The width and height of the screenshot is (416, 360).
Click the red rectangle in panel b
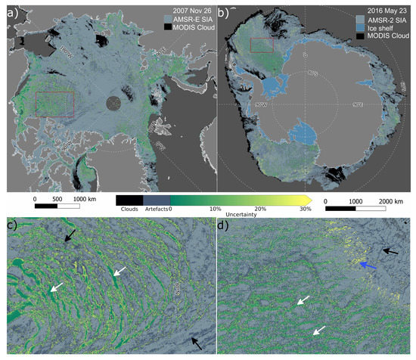tap(260, 44)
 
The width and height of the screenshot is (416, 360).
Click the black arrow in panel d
tap(391, 250)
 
